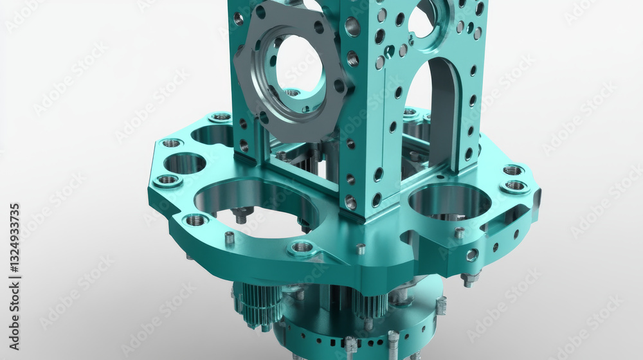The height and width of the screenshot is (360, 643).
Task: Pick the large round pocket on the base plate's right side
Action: click(x=449, y=200)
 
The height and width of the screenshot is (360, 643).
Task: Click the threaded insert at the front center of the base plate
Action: click(x=302, y=247)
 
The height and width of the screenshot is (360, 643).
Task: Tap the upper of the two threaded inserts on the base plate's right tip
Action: click(x=512, y=170)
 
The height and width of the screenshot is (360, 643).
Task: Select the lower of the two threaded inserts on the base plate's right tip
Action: click(x=515, y=186)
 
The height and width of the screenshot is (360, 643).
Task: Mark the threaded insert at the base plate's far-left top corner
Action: click(x=221, y=117)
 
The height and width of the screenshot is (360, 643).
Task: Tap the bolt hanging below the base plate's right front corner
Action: click(x=469, y=278)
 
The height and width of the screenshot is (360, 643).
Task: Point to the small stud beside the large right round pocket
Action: click(x=459, y=232)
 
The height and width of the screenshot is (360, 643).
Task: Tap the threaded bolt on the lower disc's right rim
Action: click(x=440, y=305)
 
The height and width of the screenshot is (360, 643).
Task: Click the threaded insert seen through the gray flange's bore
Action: click(x=293, y=93)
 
